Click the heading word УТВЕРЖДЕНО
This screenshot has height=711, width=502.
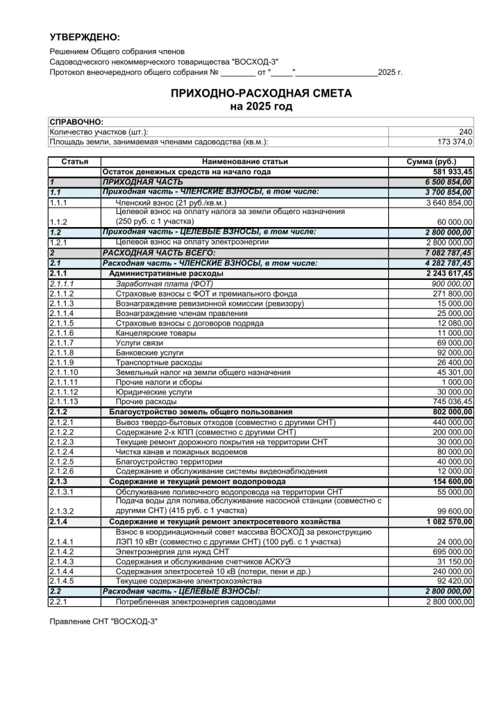pyautogui.click(x=85, y=37)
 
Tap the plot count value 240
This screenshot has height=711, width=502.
pyautogui.click(x=465, y=132)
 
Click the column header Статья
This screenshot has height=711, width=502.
pyautogui.click(x=74, y=162)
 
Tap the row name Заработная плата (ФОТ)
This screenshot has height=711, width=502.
pyautogui.click(x=165, y=284)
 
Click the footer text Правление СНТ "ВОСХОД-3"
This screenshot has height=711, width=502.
pyautogui.click(x=103, y=621)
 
